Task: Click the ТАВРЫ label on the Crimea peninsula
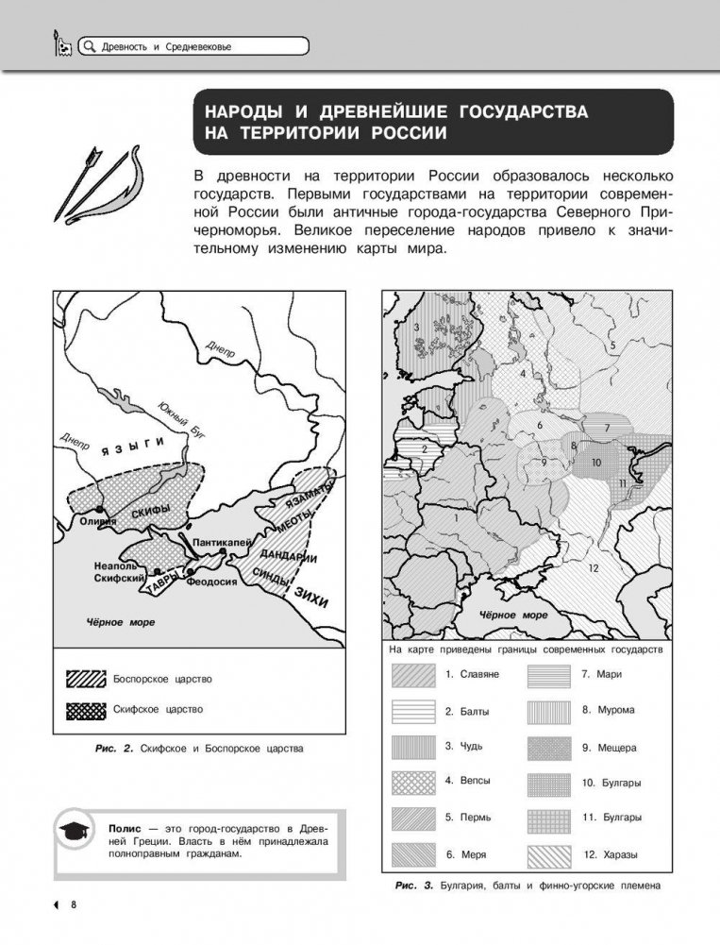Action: [156, 587]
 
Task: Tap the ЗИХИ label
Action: [311, 594]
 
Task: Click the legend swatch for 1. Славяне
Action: [412, 675]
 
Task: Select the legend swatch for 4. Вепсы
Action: [412, 783]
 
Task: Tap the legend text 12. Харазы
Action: [610, 854]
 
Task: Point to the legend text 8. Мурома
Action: [608, 710]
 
